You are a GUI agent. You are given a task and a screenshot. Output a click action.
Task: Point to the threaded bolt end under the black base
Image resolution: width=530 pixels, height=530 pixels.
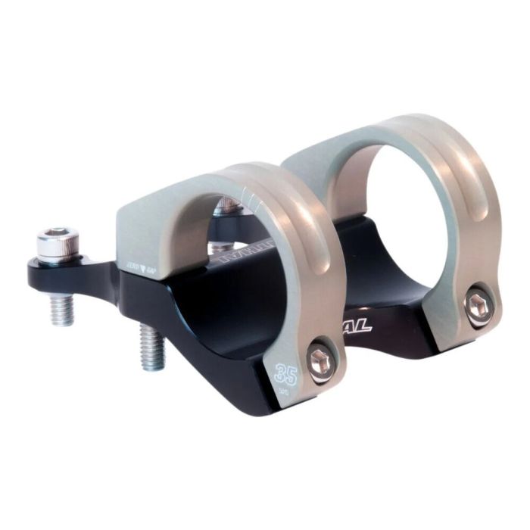click(152, 344)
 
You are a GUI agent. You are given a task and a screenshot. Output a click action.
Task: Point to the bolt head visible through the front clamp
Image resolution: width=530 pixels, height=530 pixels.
click(226, 205)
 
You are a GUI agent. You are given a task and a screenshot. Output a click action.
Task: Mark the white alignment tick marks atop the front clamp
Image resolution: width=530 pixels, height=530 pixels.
click(246, 198)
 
